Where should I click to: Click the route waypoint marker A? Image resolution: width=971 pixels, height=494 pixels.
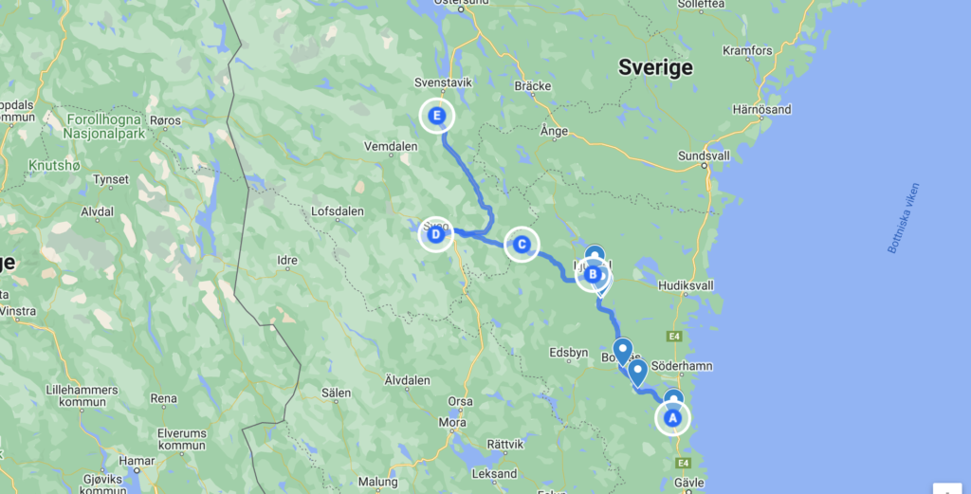click(673, 417)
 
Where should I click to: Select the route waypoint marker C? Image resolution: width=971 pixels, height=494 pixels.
click(521, 245)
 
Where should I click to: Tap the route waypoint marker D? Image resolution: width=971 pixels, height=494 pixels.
click(435, 234)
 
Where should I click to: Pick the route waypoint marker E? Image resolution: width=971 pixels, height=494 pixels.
click(437, 117)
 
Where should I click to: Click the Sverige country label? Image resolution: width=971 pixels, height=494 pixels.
click(655, 67)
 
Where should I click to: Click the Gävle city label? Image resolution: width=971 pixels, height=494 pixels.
click(689, 483)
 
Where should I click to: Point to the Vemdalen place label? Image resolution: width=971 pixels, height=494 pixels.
click(391, 147)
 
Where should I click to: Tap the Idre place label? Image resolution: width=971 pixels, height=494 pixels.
click(286, 260)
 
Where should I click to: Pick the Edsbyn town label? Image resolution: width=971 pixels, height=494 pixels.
click(569, 353)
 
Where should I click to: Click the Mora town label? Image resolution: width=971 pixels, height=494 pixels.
click(452, 423)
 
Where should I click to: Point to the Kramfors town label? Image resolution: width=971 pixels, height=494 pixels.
click(748, 50)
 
